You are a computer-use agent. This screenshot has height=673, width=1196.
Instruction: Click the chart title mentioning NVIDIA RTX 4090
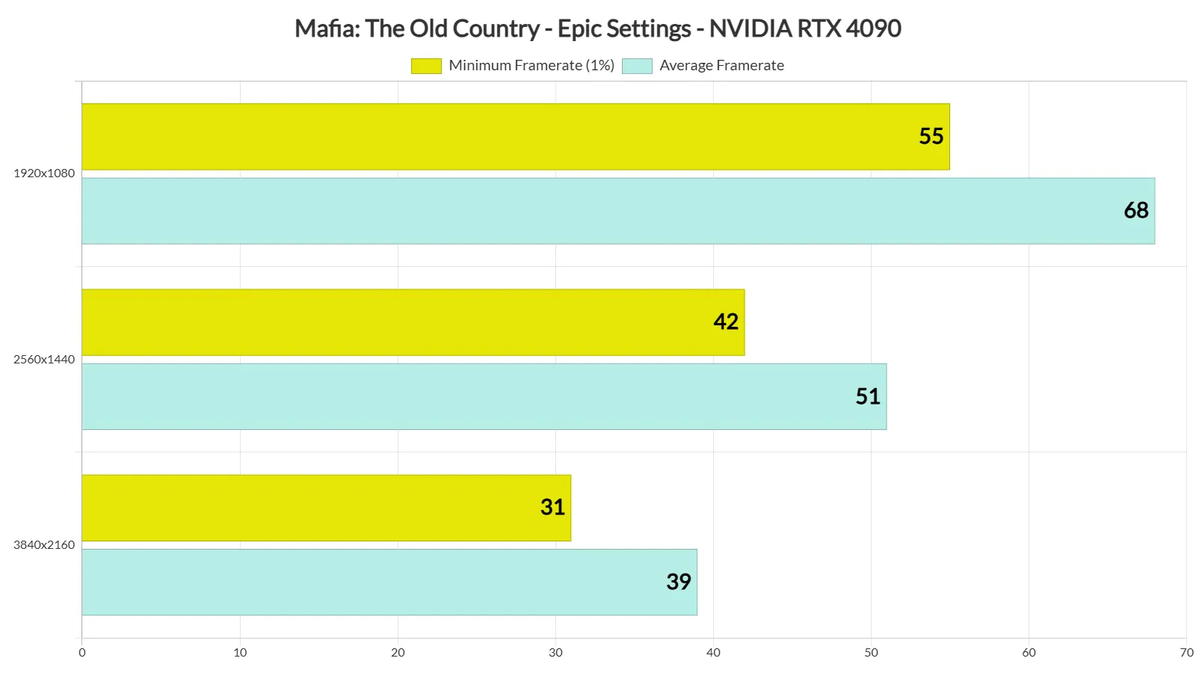tap(598, 28)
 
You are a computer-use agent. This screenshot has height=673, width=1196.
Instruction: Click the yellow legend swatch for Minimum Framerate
tap(426, 66)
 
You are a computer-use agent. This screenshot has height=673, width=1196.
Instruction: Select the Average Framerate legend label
tap(721, 66)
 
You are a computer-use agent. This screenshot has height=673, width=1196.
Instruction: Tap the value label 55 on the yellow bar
tap(931, 136)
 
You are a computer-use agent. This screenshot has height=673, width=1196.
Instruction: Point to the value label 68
tap(1135, 210)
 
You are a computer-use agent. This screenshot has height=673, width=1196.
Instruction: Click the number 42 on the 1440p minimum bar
tap(725, 322)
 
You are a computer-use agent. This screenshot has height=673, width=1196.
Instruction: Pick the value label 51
tap(867, 396)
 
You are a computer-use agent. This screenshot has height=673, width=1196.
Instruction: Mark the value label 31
tap(552, 507)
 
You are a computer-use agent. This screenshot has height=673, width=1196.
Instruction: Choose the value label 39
tap(678, 582)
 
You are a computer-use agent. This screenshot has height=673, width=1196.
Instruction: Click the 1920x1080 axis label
tap(44, 173)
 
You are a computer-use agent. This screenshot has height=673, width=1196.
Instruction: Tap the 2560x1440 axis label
tap(44, 360)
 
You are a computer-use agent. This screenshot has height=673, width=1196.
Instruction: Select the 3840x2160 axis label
tap(44, 545)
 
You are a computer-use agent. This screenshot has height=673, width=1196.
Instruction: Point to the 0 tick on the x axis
tap(82, 653)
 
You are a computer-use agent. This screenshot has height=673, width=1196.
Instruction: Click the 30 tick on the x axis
tap(555, 653)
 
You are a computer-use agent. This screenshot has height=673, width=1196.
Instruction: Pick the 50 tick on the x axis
tap(871, 653)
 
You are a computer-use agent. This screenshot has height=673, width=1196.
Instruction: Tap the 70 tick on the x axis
tap(1186, 653)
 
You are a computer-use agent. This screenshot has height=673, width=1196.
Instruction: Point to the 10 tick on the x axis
tap(240, 653)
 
